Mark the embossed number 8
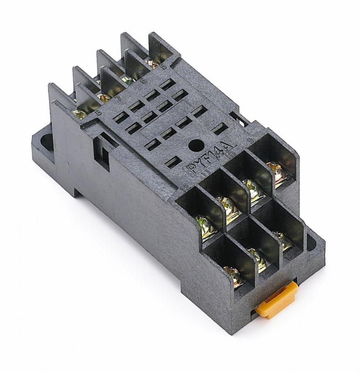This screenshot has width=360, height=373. point(97,112)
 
